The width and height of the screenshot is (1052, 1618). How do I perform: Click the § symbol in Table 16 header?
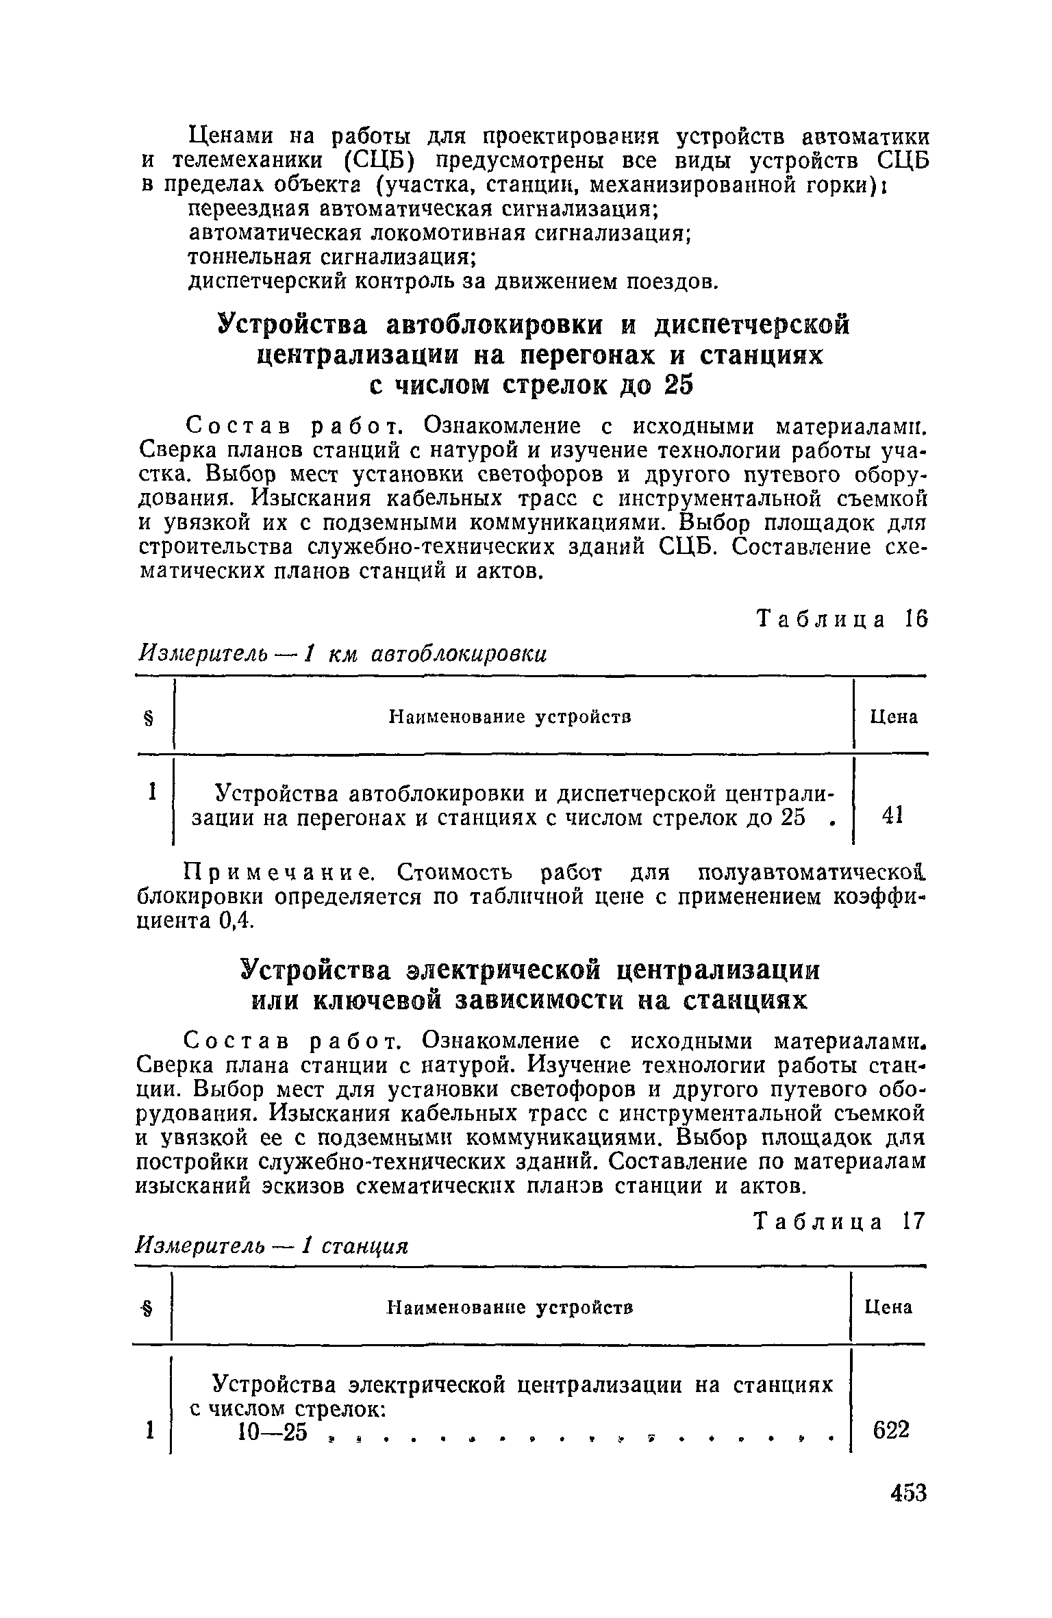(x=149, y=718)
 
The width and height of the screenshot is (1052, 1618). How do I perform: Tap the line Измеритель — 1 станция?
(x=272, y=1246)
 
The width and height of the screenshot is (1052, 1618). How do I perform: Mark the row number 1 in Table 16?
(x=152, y=792)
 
